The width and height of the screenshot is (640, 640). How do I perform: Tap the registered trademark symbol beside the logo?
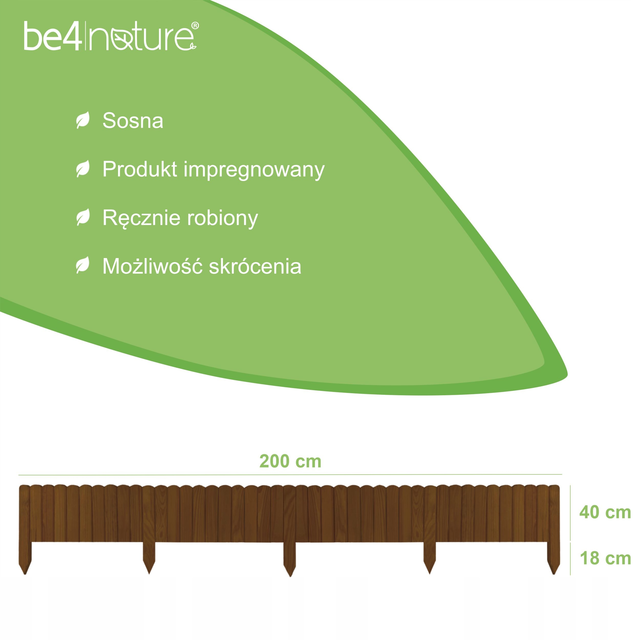tap(195, 26)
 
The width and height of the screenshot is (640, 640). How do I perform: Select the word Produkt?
tap(140, 169)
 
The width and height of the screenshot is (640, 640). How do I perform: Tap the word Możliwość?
tap(152, 266)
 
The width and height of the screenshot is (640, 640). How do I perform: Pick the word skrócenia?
tap(255, 266)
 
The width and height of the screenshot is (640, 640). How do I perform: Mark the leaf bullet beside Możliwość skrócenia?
tap(83, 265)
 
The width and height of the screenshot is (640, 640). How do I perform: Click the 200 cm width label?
tap(290, 462)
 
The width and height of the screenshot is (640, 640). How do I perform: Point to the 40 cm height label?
tap(605, 512)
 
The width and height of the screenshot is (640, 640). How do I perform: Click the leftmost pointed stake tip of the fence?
tap(25, 574)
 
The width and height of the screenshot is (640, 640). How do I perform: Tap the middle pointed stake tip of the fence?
tap(290, 577)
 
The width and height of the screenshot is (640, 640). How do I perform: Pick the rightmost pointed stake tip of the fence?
tap(553, 574)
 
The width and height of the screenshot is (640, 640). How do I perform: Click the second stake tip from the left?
tap(149, 574)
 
